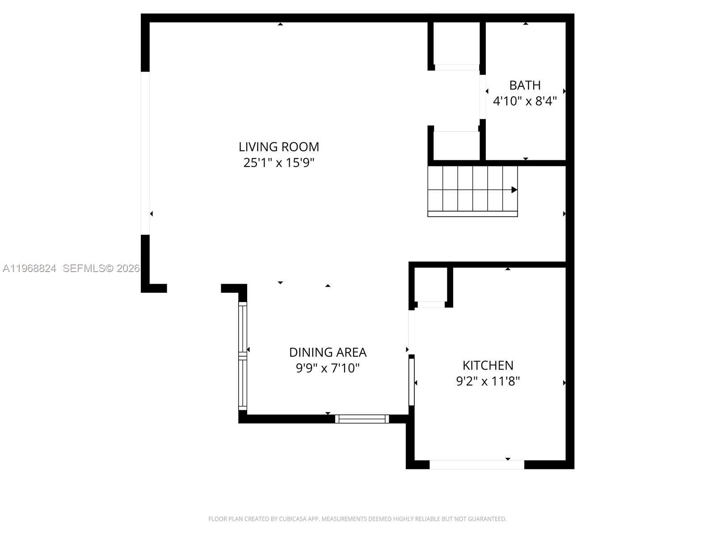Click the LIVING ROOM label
click(x=279, y=147)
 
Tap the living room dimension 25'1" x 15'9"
click(x=279, y=162)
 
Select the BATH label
click(x=525, y=85)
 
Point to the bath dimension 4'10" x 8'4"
click(x=525, y=101)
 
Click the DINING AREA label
click(x=328, y=352)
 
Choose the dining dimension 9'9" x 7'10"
click(x=328, y=368)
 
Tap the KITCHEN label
click(x=488, y=365)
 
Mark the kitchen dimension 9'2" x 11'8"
click(x=488, y=381)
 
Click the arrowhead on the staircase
click(x=514, y=190)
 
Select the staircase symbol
click(x=472, y=191)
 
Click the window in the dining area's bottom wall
click(x=362, y=419)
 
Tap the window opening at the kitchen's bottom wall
click(x=477, y=465)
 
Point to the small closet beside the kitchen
click(x=430, y=285)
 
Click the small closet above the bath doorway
click(x=456, y=43)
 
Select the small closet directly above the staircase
click(x=456, y=145)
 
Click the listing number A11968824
click(x=29, y=268)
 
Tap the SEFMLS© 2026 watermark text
click(x=101, y=268)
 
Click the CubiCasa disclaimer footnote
click(x=357, y=519)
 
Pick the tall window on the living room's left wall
click(x=145, y=153)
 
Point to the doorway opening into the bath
click(x=483, y=97)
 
